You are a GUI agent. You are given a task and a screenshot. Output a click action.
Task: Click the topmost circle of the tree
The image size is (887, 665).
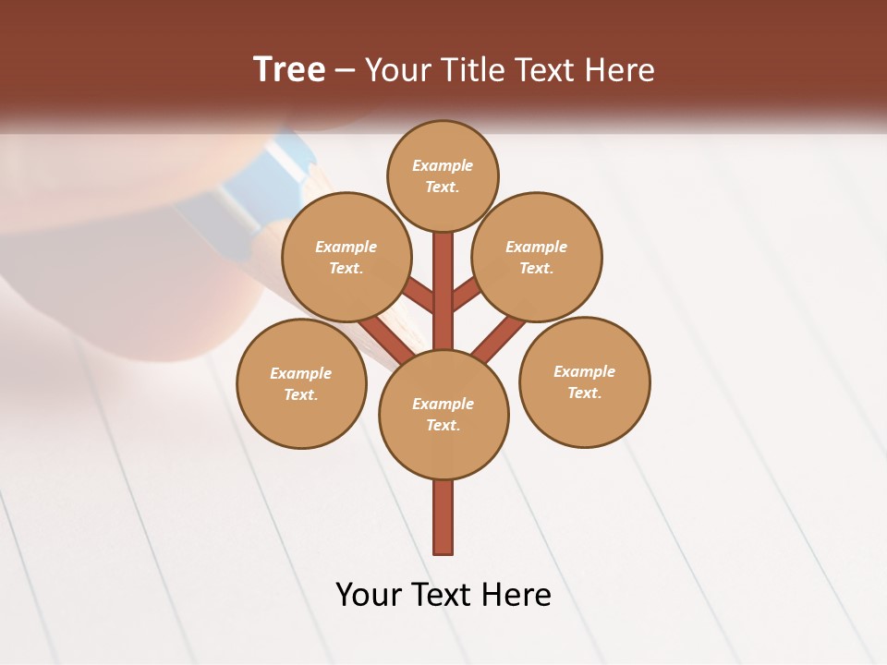coord(443,176)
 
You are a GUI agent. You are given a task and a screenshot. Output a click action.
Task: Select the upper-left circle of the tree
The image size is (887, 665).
coord(346,258)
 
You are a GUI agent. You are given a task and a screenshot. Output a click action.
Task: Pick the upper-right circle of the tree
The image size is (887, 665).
coord(537,258)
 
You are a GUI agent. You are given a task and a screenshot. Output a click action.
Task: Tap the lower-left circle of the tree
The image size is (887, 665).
coord(301,384)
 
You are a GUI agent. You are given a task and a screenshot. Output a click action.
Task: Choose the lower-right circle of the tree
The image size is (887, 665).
coord(585,382)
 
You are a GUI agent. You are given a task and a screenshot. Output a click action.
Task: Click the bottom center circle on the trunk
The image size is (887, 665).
coord(443,415)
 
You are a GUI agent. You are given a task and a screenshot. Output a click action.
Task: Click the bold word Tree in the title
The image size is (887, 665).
coord(289,69)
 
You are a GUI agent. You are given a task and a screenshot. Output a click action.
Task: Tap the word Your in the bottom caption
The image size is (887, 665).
coord(370,595)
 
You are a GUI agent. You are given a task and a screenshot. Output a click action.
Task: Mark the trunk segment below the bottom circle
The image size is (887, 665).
coord(443,516)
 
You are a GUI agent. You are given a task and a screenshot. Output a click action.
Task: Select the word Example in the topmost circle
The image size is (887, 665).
coord(443,165)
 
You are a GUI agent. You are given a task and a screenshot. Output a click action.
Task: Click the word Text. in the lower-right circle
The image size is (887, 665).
coord(584,393)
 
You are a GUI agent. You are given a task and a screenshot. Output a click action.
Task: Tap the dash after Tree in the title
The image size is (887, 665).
coord(345,70)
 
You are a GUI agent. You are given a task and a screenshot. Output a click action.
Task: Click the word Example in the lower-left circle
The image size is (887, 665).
coord(300,373)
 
